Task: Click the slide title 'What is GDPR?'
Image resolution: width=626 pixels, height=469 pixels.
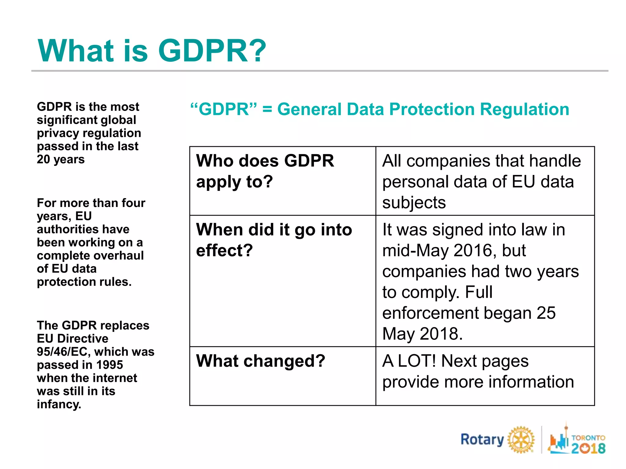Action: tap(152, 51)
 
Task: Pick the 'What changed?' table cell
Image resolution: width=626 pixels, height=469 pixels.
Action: tap(260, 361)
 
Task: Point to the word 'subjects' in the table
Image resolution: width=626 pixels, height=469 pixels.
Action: tap(414, 203)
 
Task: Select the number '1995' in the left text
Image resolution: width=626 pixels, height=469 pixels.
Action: tap(109, 365)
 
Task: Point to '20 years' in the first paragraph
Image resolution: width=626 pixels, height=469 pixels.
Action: tap(61, 159)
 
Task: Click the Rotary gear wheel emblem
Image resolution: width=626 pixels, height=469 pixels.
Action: tap(521, 440)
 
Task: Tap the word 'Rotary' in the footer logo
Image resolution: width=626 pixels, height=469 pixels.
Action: tap(482, 440)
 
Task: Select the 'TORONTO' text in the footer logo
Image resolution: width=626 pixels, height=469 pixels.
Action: tap(588, 438)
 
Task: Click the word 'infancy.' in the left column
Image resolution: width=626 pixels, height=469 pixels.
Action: tap(59, 404)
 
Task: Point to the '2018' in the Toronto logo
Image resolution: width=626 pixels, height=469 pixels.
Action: tap(588, 448)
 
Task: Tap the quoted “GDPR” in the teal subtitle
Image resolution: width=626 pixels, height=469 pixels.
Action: tap(223, 109)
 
